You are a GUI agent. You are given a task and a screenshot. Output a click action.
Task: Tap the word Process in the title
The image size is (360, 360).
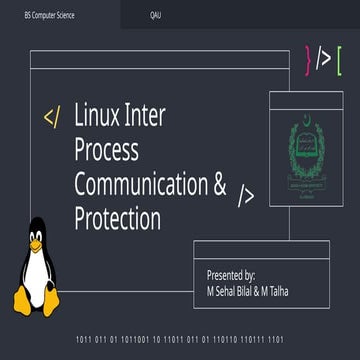point(107,150)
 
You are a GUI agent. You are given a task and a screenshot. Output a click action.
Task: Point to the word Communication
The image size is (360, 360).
point(141,184)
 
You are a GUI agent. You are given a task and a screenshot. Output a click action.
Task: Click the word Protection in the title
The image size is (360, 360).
point(117,217)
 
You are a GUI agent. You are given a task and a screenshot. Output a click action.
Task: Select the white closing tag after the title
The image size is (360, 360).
point(246,194)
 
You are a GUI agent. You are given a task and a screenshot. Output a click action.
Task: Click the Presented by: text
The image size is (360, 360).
point(230,273)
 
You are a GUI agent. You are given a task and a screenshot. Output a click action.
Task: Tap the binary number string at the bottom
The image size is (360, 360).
point(180,339)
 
